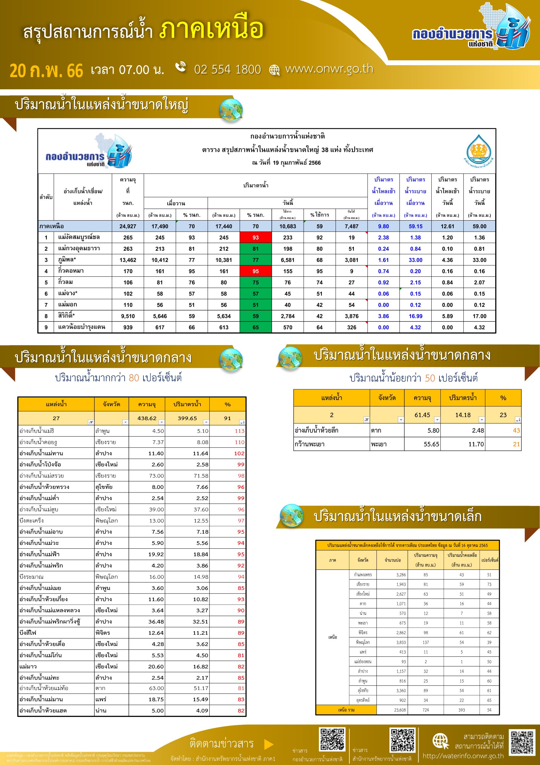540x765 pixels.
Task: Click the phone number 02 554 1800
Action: pyautogui.click(x=227, y=69)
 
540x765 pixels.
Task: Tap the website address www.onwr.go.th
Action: pyautogui.click(x=329, y=69)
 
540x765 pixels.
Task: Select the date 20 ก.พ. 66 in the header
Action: pyautogui.click(x=46, y=71)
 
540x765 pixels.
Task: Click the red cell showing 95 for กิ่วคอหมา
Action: pyautogui.click(x=255, y=271)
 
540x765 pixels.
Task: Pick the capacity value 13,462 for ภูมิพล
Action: pyautogui.click(x=128, y=260)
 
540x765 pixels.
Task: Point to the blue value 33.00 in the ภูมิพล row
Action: pyautogui.click(x=415, y=260)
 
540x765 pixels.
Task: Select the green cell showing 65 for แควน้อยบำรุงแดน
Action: pyautogui.click(x=255, y=327)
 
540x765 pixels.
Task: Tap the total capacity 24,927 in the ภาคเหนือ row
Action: pyautogui.click(x=128, y=226)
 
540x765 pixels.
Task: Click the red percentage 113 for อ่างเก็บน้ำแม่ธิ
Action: pyautogui.click(x=239, y=431)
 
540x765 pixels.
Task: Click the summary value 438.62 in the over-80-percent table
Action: pyautogui.click(x=147, y=418)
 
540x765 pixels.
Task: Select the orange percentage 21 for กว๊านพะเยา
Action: pyautogui.click(x=516, y=444)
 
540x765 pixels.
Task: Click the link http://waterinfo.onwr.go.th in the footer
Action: pyautogui.click(x=463, y=756)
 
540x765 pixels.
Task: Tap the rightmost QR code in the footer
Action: pyautogui.click(x=523, y=743)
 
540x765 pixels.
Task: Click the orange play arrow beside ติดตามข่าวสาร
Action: pyautogui.click(x=269, y=744)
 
